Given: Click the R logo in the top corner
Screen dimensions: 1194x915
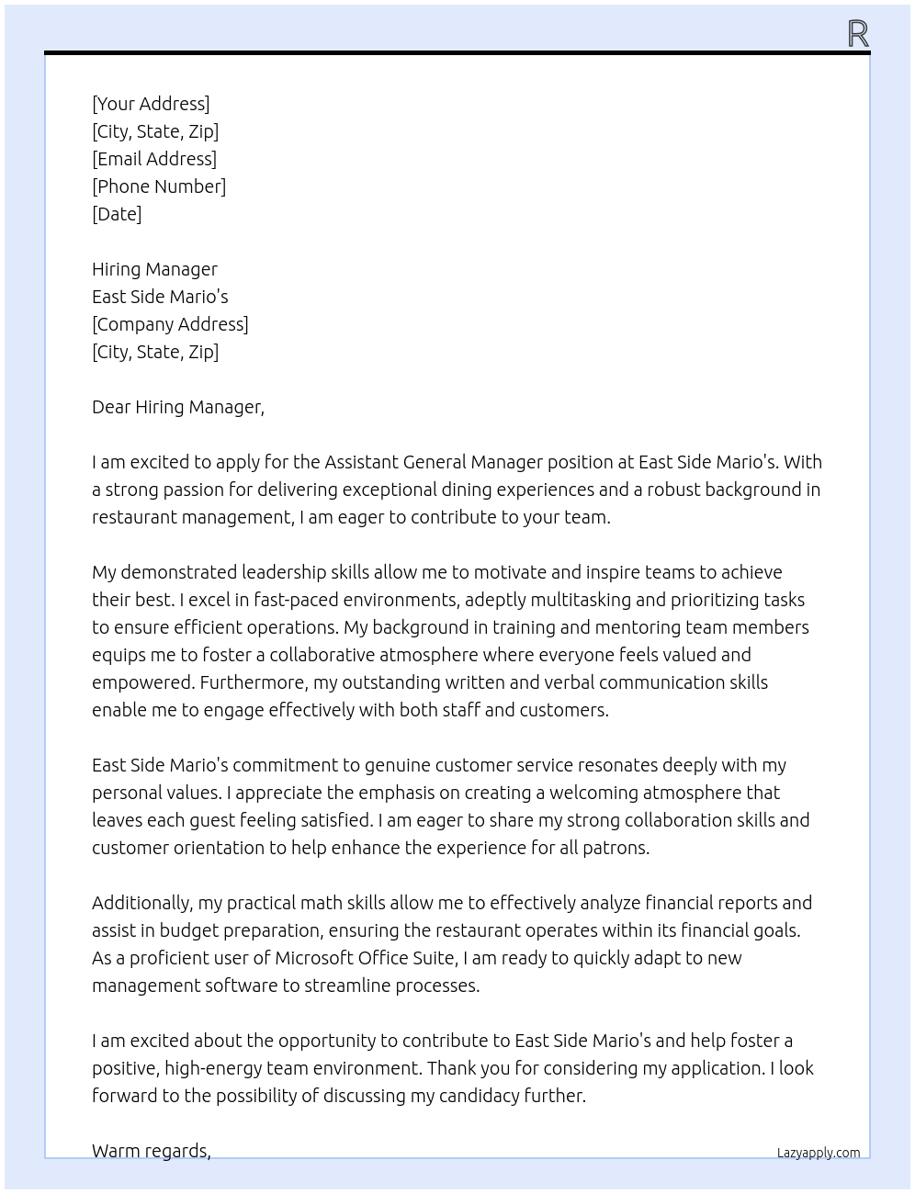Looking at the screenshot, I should [858, 34].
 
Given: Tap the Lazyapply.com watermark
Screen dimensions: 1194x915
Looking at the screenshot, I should [819, 1153].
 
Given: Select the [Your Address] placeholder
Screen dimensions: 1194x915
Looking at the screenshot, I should [151, 104].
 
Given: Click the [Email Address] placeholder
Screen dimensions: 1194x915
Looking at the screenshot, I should [154, 159].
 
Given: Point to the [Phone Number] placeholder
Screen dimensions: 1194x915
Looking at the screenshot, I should [159, 186].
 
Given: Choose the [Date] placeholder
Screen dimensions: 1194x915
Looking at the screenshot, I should [117, 214].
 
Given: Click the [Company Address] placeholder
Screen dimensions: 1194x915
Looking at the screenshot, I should [170, 324].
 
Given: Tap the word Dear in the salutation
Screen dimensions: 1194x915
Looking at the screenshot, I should [111, 407].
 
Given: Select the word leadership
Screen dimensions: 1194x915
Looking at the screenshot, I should [284, 572].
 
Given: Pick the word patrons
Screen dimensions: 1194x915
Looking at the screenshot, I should [616, 848].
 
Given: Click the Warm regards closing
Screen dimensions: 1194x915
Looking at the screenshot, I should [152, 1151].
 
